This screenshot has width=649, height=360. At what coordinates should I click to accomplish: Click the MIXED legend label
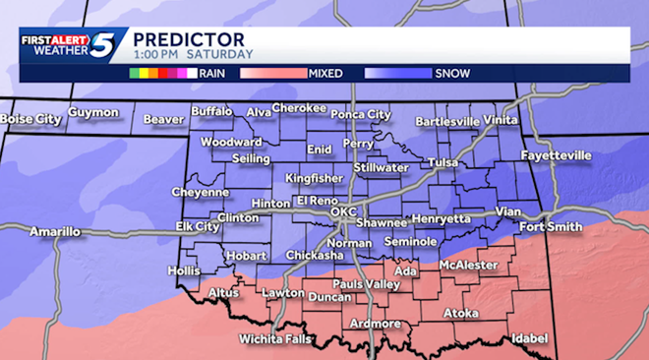[324, 73]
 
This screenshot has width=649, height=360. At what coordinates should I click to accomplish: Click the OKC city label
[342, 211]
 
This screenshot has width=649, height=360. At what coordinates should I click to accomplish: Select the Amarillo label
[54, 232]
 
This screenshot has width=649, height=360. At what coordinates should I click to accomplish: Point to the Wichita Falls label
[275, 339]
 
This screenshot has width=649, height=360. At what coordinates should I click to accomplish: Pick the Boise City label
[30, 119]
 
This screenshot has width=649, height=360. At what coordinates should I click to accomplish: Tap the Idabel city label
[529, 338]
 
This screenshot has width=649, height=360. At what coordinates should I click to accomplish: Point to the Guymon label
[93, 113]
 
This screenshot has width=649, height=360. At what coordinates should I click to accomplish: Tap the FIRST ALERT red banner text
[54, 40]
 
